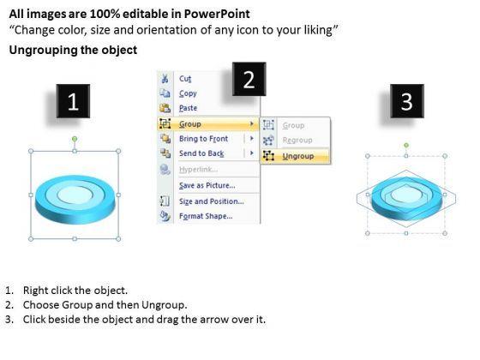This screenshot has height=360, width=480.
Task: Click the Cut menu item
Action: click(185, 79)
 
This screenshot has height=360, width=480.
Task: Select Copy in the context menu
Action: click(188, 93)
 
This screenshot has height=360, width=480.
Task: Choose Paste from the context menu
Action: click(188, 108)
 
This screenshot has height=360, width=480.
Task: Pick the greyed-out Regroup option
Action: click(297, 141)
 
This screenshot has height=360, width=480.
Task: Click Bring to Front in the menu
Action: click(204, 139)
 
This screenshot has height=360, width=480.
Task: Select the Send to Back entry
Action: click(201, 153)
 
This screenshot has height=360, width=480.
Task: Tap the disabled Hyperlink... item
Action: click(198, 170)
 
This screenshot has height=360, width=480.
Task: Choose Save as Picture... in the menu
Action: click(207, 185)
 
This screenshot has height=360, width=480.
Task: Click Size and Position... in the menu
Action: click(212, 201)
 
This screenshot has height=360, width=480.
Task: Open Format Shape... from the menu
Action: click(206, 216)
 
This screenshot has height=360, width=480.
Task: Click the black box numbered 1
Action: click(73, 101)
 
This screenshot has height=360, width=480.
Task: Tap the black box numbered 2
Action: click(249, 79)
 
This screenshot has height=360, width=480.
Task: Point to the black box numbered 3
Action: click(407, 101)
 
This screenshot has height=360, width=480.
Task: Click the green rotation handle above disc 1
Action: click(75, 139)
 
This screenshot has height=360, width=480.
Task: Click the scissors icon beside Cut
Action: click(165, 79)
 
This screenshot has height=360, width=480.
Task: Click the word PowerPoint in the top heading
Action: click(217, 14)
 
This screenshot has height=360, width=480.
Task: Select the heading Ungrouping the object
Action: click(73, 50)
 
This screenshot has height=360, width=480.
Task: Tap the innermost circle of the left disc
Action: click(75, 195)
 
